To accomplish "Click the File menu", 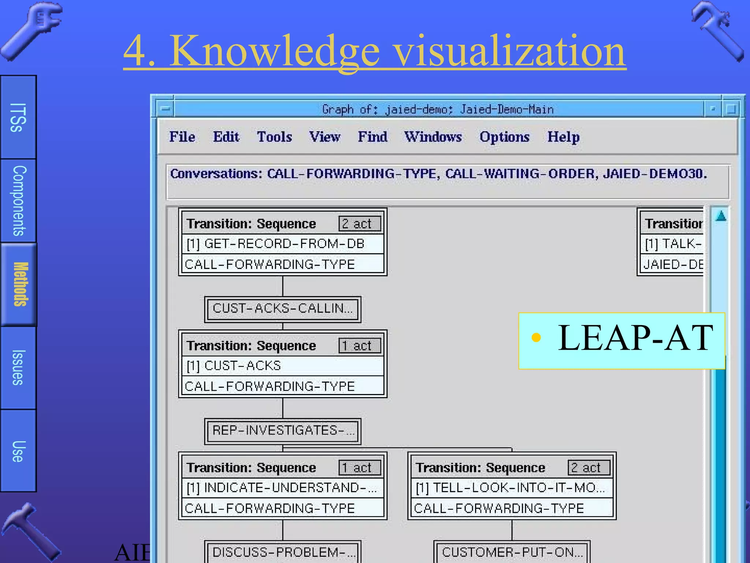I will click(x=182, y=137).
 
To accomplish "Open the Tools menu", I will click(x=274, y=137).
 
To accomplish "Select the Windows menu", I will click(x=433, y=137).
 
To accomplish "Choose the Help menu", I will click(x=563, y=137).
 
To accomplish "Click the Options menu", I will click(x=504, y=137).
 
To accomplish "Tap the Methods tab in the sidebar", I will click(x=19, y=284).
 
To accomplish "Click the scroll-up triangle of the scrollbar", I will click(x=721, y=216).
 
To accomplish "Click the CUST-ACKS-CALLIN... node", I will click(x=282, y=309).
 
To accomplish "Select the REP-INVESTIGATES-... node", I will click(x=282, y=431).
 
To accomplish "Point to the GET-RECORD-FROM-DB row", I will click(x=282, y=244).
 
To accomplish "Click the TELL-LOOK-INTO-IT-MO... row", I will click(x=512, y=488).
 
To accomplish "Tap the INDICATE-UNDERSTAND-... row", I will click(x=282, y=488).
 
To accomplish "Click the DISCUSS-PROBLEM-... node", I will click(x=282, y=552).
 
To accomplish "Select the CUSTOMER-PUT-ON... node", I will click(x=512, y=552).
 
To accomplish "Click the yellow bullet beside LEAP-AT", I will click(x=536, y=337).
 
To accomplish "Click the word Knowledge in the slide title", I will click(x=275, y=51).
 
